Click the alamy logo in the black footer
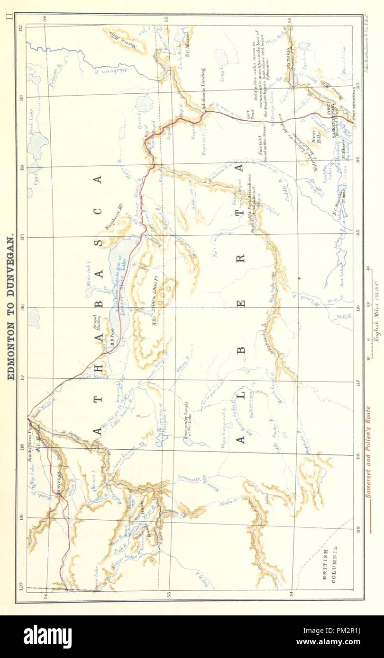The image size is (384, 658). tap(47, 637)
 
